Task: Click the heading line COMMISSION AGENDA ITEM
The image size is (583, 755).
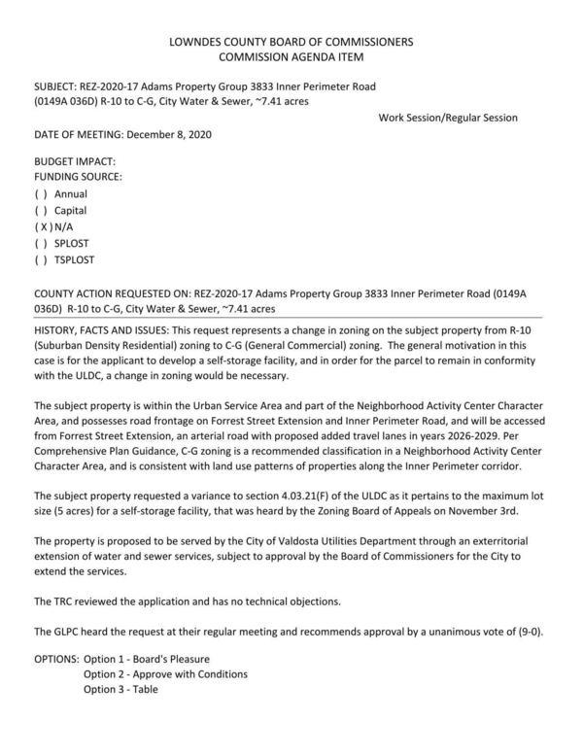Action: pos(291,58)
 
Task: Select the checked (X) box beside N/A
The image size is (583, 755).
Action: pos(42,227)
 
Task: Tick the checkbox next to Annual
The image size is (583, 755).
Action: pos(42,194)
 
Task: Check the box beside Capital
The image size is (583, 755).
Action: pos(42,211)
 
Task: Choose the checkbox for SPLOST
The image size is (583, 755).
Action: pos(42,244)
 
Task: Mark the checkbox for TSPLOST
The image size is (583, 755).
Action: pos(42,260)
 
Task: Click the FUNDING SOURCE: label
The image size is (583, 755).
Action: pos(79,178)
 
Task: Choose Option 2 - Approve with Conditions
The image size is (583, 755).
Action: pos(165,674)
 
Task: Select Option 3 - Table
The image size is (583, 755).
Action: pos(120,690)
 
